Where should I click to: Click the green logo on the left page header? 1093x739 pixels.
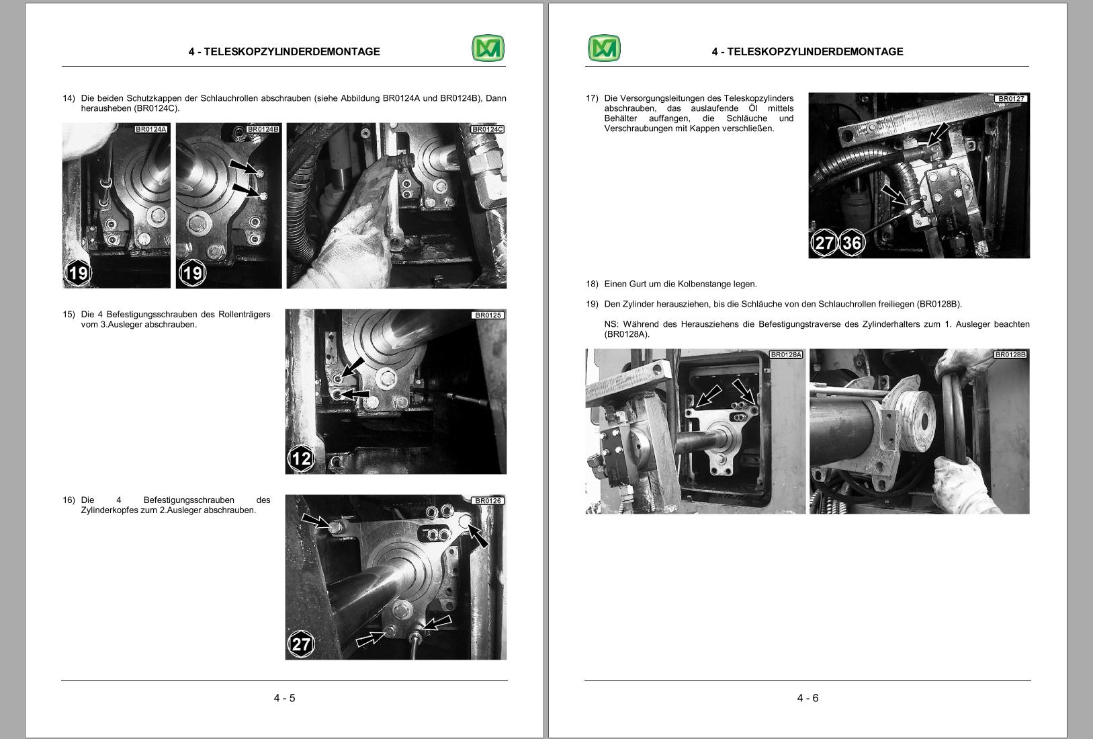point(488,48)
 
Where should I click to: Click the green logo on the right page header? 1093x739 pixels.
point(604,48)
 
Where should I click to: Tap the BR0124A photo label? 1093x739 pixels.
point(150,129)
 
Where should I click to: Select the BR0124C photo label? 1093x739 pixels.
point(487,129)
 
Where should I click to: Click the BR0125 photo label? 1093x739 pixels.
point(488,315)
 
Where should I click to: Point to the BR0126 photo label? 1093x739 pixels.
point(488,500)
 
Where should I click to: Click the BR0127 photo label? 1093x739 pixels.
point(1011,99)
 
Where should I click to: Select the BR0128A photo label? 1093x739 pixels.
point(786,354)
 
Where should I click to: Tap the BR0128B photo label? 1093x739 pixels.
point(1010,354)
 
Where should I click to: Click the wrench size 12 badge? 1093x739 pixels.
point(300,459)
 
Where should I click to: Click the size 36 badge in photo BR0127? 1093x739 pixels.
point(852,242)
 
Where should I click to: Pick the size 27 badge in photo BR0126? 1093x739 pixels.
point(300,644)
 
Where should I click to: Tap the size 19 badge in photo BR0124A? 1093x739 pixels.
point(78,272)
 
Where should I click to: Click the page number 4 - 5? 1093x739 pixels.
point(284,698)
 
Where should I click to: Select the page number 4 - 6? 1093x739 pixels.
point(807,698)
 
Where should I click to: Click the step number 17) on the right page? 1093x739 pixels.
point(592,98)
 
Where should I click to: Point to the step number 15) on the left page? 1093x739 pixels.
point(69,314)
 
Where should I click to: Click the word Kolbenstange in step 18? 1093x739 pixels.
point(701,284)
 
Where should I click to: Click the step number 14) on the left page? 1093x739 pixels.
point(69,98)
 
